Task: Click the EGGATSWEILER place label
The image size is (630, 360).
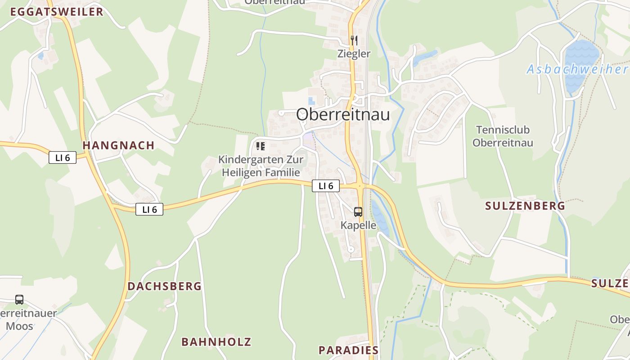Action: [x=57, y=12]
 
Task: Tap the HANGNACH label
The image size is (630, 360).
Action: [x=119, y=145]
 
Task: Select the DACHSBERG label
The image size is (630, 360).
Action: [x=164, y=286]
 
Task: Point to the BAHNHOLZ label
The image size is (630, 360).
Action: [x=216, y=342]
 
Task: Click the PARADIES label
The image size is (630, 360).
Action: [x=348, y=350]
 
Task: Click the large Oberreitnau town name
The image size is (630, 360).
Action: [x=343, y=114]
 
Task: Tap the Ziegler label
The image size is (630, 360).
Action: [x=354, y=54]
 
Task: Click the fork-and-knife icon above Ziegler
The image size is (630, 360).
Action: [x=354, y=40]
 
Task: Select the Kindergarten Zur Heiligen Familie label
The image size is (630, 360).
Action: [x=261, y=166]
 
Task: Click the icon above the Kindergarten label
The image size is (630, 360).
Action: [x=260, y=146]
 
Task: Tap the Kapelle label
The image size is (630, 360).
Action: [x=358, y=225]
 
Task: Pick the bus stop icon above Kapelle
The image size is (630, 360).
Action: [x=358, y=211]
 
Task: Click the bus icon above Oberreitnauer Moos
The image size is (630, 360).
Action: [x=19, y=299]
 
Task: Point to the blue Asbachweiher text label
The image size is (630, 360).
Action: [x=577, y=69]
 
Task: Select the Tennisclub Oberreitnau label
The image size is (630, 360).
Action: [x=503, y=136]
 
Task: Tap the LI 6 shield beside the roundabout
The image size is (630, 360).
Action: [x=326, y=185]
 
